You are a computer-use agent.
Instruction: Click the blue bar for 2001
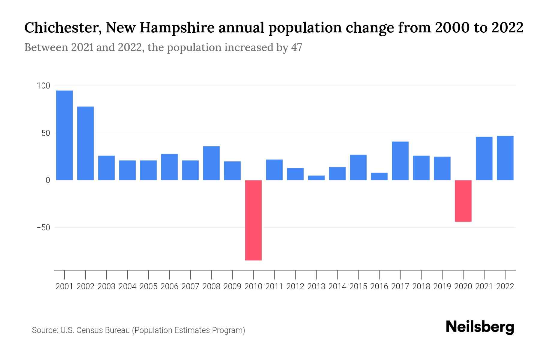click(x=64, y=135)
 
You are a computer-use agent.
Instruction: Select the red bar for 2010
click(x=253, y=220)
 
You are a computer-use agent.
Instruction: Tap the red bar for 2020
click(x=463, y=201)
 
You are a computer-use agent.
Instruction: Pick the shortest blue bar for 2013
click(x=316, y=178)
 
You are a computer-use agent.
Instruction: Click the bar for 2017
click(x=400, y=161)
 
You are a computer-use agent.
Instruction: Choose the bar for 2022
click(x=505, y=158)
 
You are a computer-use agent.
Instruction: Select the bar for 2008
click(x=211, y=163)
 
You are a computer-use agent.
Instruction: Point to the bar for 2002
click(x=85, y=143)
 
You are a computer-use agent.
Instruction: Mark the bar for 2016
click(x=379, y=176)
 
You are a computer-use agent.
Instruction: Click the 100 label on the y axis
click(x=43, y=86)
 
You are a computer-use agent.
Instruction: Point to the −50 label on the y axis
click(x=43, y=228)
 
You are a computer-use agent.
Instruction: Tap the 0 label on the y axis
click(x=48, y=180)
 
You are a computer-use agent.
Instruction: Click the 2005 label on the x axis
click(x=148, y=286)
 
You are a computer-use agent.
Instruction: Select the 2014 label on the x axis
click(x=337, y=286)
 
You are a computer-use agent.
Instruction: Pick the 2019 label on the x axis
click(x=442, y=286)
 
